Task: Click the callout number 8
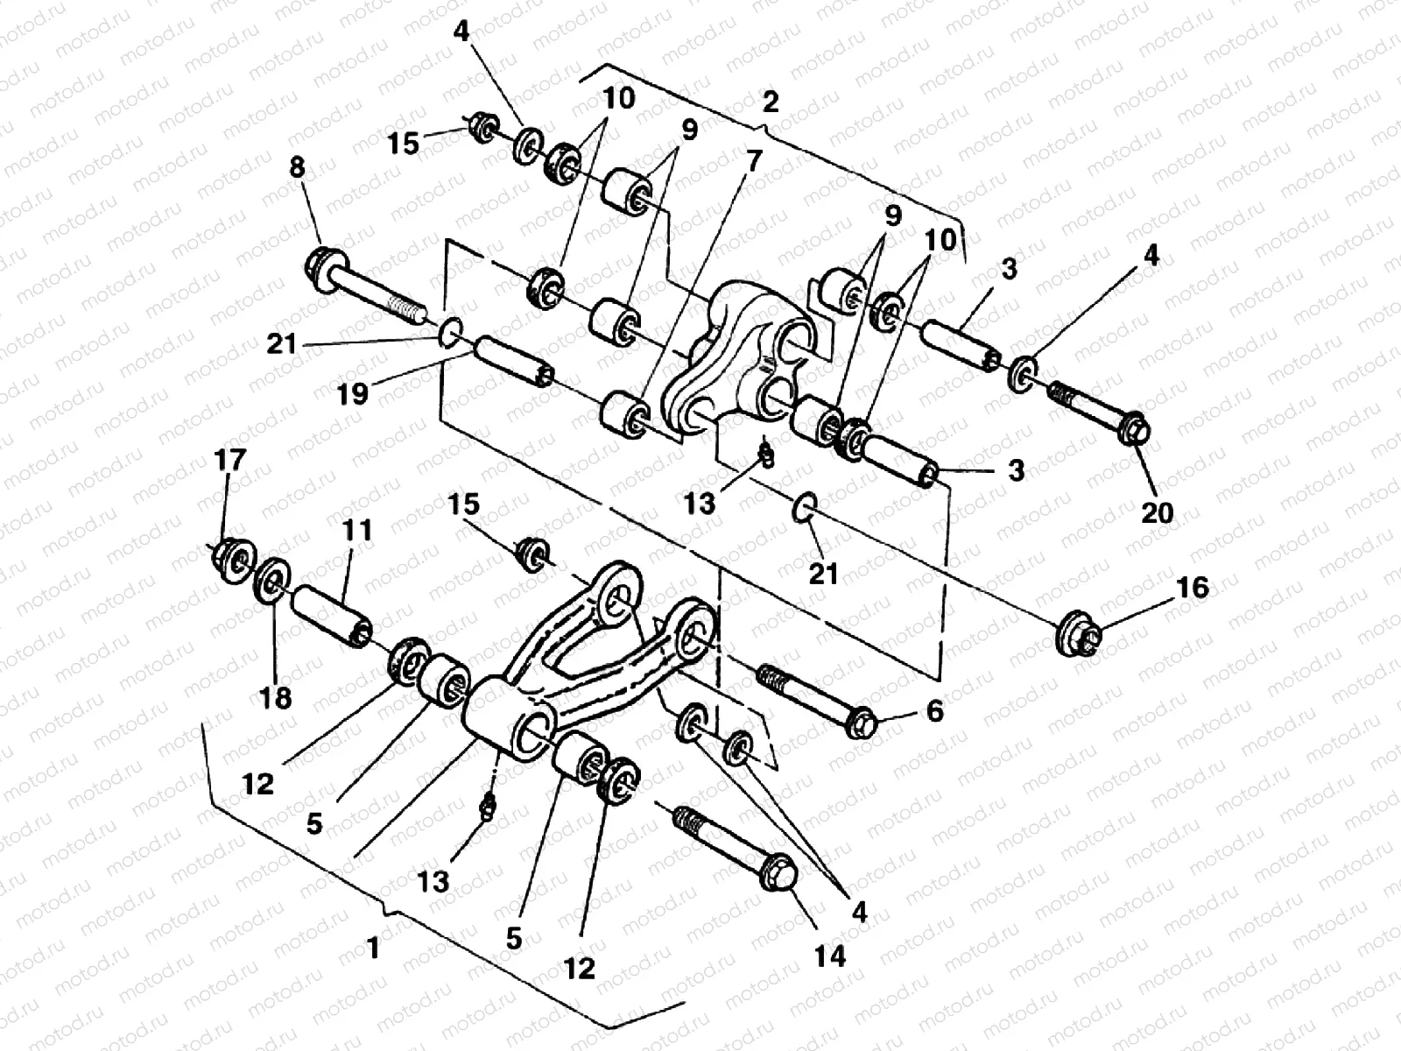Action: tap(298, 168)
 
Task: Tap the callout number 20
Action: tap(1157, 511)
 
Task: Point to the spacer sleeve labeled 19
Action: tap(512, 363)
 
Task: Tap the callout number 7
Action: tap(755, 159)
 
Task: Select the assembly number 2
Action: tap(769, 103)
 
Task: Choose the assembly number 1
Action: tap(374, 948)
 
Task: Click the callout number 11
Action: tap(358, 531)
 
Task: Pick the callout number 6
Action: tap(933, 711)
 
